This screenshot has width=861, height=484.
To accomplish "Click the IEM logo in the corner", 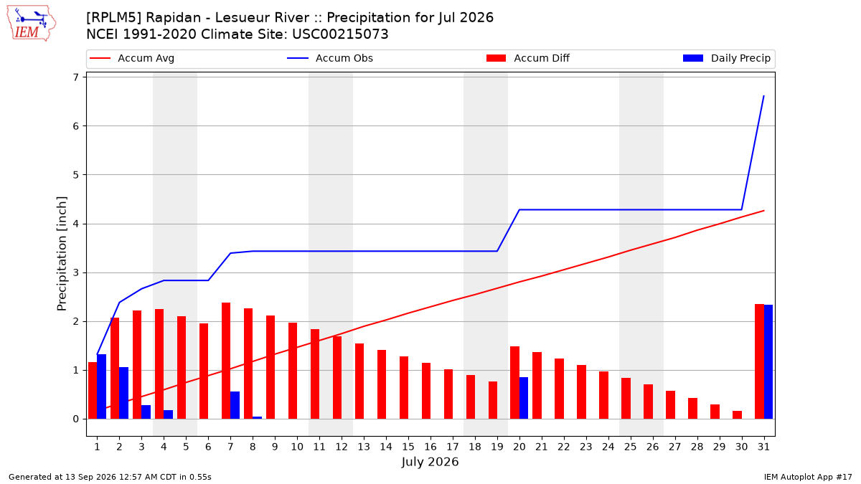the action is click(x=32, y=24).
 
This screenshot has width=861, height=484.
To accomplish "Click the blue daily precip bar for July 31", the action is click(x=768, y=362).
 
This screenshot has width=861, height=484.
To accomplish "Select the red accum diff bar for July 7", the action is click(x=226, y=361).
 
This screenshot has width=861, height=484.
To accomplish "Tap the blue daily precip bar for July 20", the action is click(x=524, y=398).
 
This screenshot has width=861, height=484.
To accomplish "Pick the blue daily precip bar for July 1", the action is click(x=101, y=386).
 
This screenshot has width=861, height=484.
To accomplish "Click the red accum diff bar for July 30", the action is click(x=738, y=415).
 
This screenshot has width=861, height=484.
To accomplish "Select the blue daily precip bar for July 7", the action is click(x=235, y=405).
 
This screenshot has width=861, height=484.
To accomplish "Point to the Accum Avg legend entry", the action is click(x=132, y=58).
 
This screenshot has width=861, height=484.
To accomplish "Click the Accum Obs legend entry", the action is click(x=330, y=58).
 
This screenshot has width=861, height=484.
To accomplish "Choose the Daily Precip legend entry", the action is click(x=726, y=58).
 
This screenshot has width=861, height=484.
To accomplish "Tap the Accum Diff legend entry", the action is click(x=528, y=58).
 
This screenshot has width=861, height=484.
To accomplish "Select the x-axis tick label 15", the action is click(x=408, y=447).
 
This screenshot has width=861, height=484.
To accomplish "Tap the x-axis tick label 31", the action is click(x=763, y=447).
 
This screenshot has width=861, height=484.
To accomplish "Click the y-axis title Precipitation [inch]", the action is click(x=62, y=254).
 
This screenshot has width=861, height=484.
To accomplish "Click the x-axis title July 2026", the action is click(x=430, y=462).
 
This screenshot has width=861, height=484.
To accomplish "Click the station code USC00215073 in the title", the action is click(x=340, y=34).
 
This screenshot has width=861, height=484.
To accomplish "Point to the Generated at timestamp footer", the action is click(x=110, y=477).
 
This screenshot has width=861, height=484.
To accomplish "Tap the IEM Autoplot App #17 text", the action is click(x=808, y=477).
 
